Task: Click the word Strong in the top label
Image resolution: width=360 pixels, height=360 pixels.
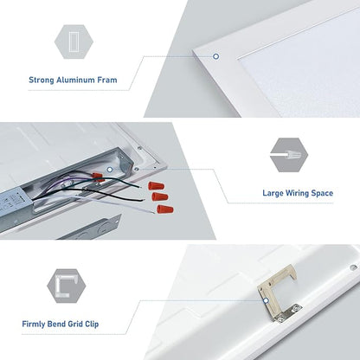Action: click(x=42, y=80)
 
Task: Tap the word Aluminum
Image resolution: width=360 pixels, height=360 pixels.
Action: click(x=75, y=80)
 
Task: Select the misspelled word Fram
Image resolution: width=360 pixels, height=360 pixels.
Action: click(x=107, y=80)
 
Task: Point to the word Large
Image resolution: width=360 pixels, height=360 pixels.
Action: click(x=273, y=193)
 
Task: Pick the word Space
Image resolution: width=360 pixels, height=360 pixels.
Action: click(x=323, y=193)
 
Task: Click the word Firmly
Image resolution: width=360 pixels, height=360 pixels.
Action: click(x=33, y=324)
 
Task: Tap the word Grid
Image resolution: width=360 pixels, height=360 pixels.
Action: click(x=75, y=324)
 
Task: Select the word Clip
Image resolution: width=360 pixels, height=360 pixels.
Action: click(x=92, y=324)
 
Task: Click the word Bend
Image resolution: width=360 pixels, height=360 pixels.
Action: click(x=56, y=324)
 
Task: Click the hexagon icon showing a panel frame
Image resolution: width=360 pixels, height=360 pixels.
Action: click(x=74, y=42)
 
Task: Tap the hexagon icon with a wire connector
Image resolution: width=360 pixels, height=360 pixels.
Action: click(x=289, y=155)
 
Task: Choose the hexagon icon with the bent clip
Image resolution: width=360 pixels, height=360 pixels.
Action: click(x=67, y=286)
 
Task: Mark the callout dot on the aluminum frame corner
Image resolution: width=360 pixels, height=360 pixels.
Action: click(x=215, y=56)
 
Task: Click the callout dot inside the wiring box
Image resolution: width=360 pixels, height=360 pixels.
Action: click(x=110, y=170)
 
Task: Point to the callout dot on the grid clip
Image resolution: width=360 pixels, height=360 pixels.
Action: click(x=266, y=301)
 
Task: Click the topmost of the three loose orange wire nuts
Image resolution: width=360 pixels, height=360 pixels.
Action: click(x=157, y=185)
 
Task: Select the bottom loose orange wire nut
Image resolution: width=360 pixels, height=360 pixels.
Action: click(x=165, y=209)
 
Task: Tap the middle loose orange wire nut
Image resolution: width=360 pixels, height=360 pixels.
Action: click(x=160, y=196)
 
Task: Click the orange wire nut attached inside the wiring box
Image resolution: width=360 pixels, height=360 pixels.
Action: click(x=97, y=176)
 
